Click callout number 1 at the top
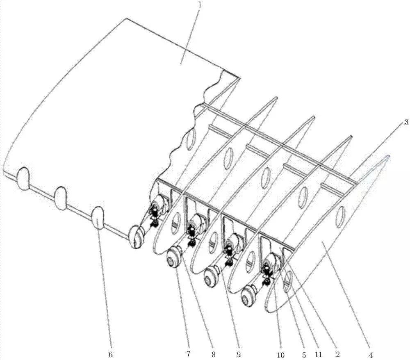(x=200, y=5)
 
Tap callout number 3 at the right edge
(x=406, y=122)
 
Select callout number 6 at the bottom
(x=111, y=354)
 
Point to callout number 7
(x=188, y=354)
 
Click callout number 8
(x=214, y=355)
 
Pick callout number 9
(x=239, y=355)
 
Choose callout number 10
(x=280, y=355)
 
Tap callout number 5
(x=304, y=355)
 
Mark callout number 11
(x=318, y=355)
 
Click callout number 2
(x=337, y=355)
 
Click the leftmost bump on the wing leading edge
(x=23, y=178)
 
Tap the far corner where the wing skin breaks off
(x=239, y=77)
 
